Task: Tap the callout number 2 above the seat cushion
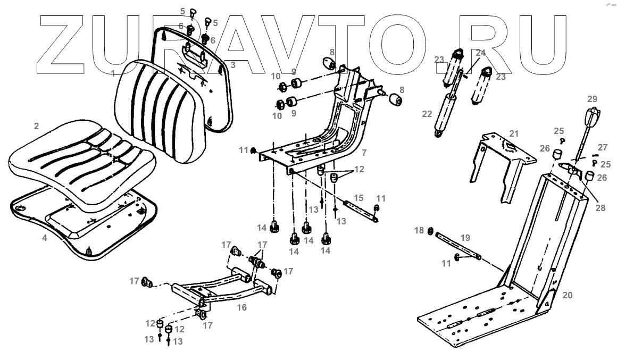tap(36, 126)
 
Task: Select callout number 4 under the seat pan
tap(45, 238)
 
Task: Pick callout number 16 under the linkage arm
tap(242, 307)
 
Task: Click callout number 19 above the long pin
tap(465, 238)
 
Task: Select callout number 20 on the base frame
tap(568, 294)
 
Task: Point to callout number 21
tap(513, 132)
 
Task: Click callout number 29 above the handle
tap(592, 99)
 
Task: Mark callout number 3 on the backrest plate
tap(232, 65)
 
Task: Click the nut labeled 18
tap(430, 231)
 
